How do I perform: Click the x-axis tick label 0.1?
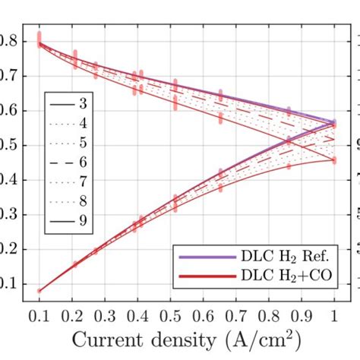39,314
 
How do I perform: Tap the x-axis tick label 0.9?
310,314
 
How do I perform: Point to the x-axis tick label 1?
334,314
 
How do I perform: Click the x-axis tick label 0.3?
106,314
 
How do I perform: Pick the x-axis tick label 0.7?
242,314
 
